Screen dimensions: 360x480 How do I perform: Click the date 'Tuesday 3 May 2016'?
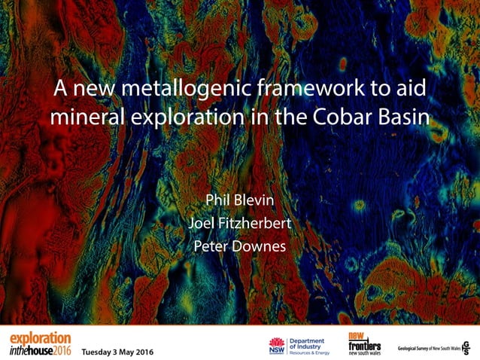click(x=118, y=352)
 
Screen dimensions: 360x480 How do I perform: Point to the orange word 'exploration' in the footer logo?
click(x=40, y=338)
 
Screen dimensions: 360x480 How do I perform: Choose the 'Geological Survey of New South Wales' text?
click(x=426, y=346)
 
